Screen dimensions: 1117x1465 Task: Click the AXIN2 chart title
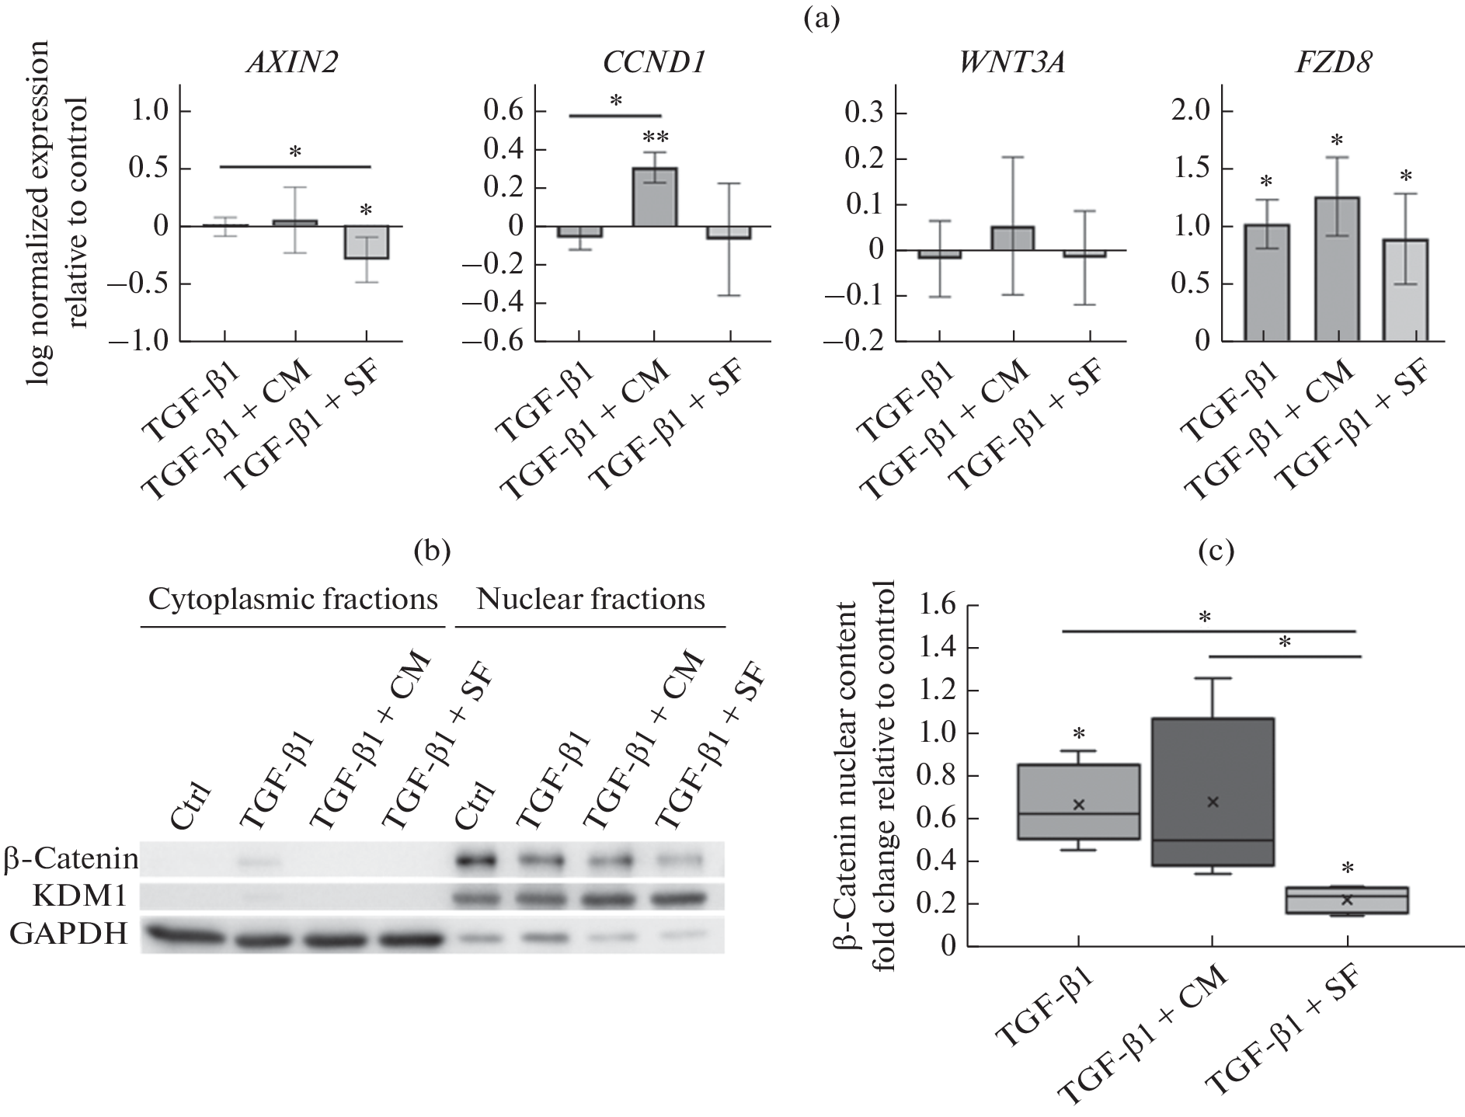[291, 64]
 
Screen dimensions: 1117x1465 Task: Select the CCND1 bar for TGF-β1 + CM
[654, 197]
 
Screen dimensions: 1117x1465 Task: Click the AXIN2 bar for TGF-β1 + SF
[367, 242]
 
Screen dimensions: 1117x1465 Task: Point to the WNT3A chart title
[1011, 64]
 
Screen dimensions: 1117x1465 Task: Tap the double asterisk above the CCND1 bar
[654, 138]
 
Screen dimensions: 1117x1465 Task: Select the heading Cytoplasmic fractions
[293, 600]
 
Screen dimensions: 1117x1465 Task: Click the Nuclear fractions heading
[591, 600]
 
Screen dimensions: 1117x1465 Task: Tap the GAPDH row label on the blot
[68, 934]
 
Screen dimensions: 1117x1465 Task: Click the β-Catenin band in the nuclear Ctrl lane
[475, 861]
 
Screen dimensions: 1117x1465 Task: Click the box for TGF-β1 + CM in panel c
[1213, 792]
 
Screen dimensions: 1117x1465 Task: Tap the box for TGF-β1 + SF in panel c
[1346, 900]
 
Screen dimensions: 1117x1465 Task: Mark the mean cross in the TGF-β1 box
[1078, 805]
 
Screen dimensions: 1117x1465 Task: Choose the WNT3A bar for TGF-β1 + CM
[1011, 238]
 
